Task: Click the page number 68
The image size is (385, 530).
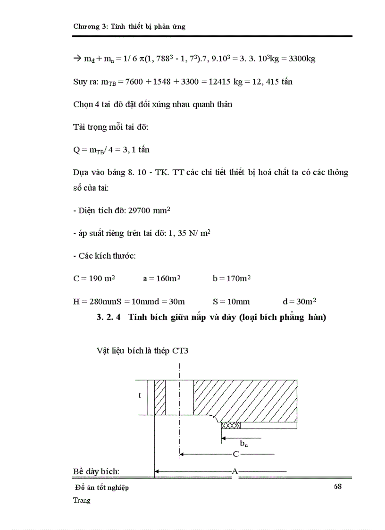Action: tap(337, 487)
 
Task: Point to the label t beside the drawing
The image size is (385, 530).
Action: tap(140, 395)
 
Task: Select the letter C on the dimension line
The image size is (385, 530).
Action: tap(236, 454)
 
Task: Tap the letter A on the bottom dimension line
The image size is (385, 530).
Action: tap(234, 471)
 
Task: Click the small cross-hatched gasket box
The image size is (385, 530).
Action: tap(231, 425)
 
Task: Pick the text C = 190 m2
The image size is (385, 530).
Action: tap(94, 278)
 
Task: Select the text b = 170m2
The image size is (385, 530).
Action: tap(231, 278)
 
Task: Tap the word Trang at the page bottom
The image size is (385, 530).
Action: tap(82, 500)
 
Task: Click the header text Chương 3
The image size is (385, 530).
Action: tap(90, 26)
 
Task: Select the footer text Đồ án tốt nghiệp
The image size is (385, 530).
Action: tap(102, 488)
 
